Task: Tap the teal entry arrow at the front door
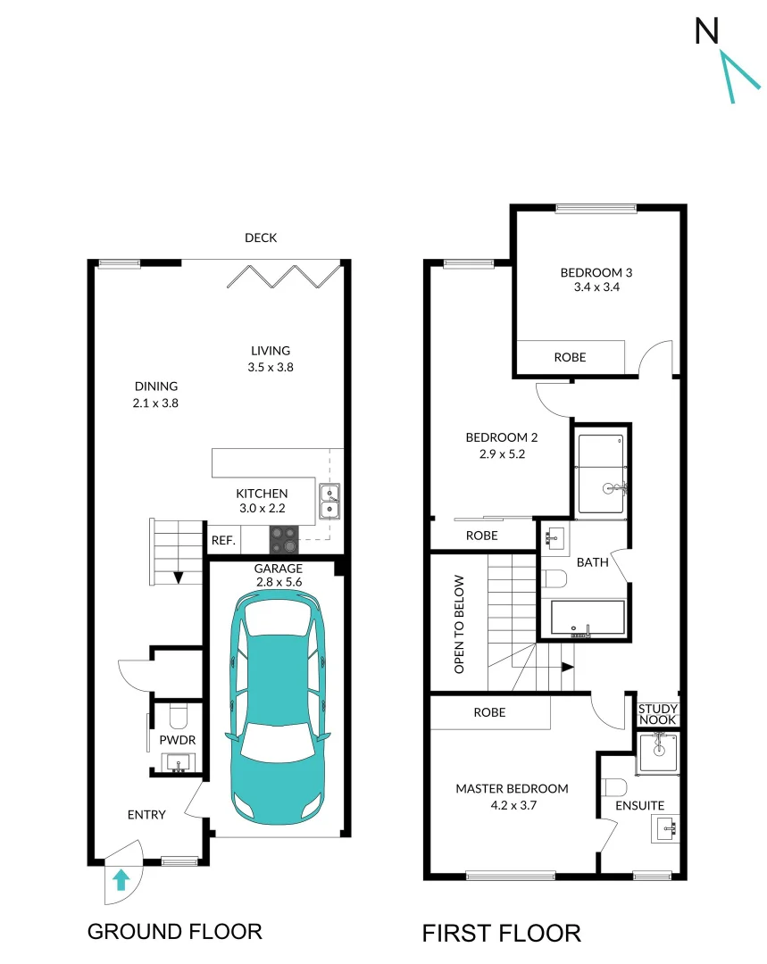tap(121, 881)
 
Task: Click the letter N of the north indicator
tap(707, 32)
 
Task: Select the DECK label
tap(261, 237)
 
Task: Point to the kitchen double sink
tap(329, 502)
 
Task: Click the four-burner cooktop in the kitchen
tap(286, 537)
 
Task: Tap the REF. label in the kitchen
tap(222, 540)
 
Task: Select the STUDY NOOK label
tap(658, 714)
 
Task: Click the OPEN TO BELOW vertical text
tap(459, 623)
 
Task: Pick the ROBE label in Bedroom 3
tap(570, 357)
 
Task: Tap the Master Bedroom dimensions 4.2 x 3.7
tap(512, 804)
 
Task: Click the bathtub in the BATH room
tap(587, 619)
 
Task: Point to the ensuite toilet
tap(614, 787)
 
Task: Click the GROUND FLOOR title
tap(174, 932)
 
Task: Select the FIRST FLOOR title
tap(501, 934)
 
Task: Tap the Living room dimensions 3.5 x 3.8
tap(270, 367)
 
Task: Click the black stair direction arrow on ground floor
tap(178, 577)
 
